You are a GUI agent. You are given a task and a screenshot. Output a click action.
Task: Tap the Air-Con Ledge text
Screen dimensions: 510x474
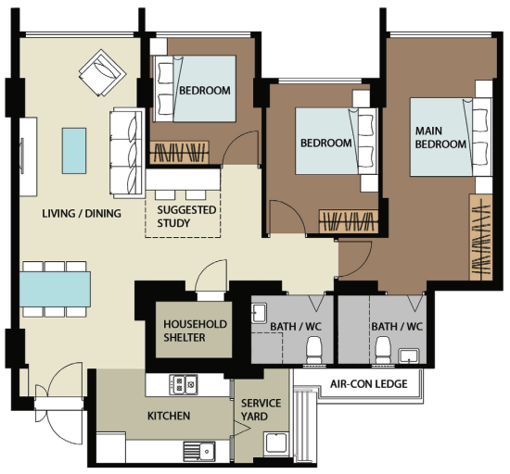click(368, 384)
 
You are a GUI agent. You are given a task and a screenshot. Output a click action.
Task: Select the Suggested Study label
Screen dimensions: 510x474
click(186, 217)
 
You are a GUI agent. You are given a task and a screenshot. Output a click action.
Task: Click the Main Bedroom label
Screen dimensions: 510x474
click(440, 137)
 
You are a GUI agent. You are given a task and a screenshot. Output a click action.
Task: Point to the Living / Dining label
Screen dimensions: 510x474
click(82, 213)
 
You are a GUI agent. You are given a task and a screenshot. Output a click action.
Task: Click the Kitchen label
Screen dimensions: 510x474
click(169, 416)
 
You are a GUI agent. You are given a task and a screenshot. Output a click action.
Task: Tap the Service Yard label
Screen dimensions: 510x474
click(261, 410)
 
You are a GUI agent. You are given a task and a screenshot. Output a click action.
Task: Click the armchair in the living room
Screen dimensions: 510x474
click(102, 73)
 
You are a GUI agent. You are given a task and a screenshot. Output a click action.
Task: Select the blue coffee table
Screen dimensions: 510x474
click(74, 151)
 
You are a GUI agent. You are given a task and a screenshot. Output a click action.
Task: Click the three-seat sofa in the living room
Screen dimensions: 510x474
click(127, 154)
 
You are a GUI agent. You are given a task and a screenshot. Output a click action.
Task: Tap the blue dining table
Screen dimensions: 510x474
click(55, 289)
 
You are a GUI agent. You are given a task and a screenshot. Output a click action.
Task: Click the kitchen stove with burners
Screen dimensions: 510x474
click(184, 385)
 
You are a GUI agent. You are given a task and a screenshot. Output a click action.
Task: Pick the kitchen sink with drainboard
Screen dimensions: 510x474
click(199, 451)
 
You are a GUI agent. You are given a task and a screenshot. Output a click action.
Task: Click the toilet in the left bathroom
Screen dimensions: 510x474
click(314, 350)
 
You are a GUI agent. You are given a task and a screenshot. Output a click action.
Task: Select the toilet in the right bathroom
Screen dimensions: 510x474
click(383, 350)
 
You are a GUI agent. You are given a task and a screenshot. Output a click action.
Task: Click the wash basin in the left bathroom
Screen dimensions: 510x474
click(260, 313)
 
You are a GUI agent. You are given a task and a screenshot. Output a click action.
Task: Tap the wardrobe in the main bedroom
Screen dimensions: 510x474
click(480, 237)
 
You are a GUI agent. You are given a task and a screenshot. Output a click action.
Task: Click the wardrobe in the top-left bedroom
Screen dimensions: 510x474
click(179, 152)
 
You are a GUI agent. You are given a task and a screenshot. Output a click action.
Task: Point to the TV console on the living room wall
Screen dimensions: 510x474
click(29, 156)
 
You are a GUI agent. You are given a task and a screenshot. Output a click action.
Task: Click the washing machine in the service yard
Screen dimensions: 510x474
click(275, 443)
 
